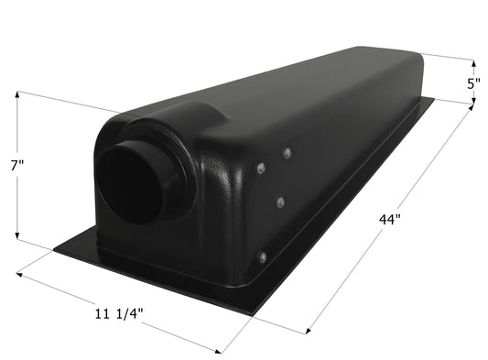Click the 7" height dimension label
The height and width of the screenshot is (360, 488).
(x=18, y=165)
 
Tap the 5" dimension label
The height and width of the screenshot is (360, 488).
(x=472, y=83)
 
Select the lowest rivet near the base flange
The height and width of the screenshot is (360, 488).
(x=262, y=257)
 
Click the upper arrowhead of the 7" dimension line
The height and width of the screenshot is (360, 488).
(x=17, y=94)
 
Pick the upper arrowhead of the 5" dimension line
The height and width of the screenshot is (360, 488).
(x=472, y=63)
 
